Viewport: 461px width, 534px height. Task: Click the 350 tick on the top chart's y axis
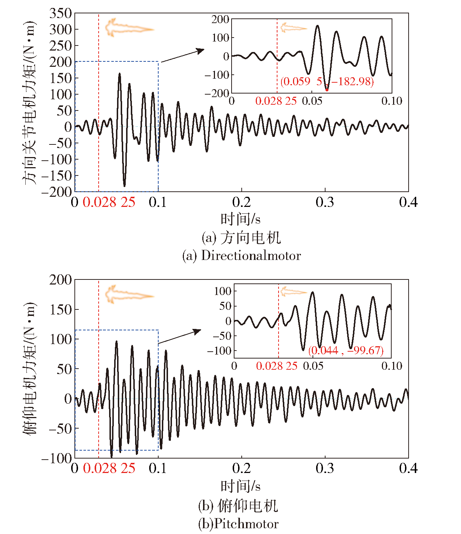[x=61, y=14]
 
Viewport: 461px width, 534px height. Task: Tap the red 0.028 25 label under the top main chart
[x=109, y=202]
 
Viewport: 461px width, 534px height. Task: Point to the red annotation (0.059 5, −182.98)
[x=327, y=82]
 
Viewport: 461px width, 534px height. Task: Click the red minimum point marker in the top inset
[x=327, y=90]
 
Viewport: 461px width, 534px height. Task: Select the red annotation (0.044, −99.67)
[x=346, y=350]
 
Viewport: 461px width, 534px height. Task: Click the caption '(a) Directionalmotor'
[x=241, y=256]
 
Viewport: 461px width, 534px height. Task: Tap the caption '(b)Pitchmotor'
[x=238, y=524]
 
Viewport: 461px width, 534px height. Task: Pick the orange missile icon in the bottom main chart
[x=128, y=295]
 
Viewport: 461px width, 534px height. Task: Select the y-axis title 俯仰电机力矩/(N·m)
[x=30, y=368]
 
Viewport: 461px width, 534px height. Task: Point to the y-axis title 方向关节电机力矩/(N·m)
[x=30, y=103]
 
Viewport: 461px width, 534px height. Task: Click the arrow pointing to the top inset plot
[x=182, y=56]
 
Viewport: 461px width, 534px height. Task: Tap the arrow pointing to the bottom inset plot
[x=180, y=337]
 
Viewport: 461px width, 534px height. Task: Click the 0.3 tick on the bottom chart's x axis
[x=325, y=468]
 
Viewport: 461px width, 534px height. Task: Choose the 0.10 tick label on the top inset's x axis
[x=392, y=101]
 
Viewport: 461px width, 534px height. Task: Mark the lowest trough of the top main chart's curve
[x=124, y=186]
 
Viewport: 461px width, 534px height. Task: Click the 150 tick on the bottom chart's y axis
[x=61, y=309]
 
